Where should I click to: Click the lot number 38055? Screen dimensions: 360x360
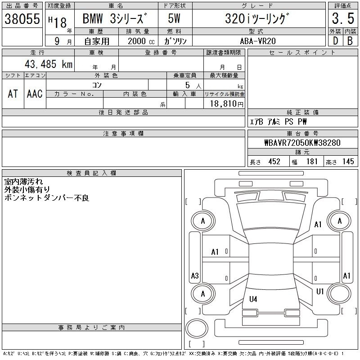pyautogui.click(x=22, y=18)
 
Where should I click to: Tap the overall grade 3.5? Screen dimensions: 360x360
pyautogui.click(x=343, y=18)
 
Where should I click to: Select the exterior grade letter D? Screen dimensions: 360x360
pyautogui.click(x=335, y=41)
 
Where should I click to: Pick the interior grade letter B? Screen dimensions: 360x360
pyautogui.click(x=350, y=41)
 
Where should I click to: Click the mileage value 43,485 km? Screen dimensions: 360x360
pyautogui.click(x=49, y=64)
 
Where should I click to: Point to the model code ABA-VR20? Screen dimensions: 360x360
pyautogui.click(x=258, y=41)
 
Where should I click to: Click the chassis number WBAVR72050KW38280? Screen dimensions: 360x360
pyautogui.click(x=302, y=143)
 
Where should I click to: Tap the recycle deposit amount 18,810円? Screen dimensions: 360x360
pyautogui.click(x=227, y=104)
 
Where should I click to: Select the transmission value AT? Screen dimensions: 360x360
pyautogui.click(x=13, y=94)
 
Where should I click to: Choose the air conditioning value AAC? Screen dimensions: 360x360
pyautogui.click(x=35, y=94)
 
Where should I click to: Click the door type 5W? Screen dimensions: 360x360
pyautogui.click(x=174, y=18)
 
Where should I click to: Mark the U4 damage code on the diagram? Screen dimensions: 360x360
pyautogui.click(x=253, y=299)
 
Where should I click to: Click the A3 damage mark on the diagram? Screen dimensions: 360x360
pyautogui.click(x=195, y=275)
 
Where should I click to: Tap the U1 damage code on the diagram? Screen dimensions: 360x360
pyautogui.click(x=320, y=292)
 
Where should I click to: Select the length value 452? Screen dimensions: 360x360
pyautogui.click(x=274, y=162)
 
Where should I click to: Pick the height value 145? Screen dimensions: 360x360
pyautogui.click(x=348, y=162)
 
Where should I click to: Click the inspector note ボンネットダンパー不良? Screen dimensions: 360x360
pyautogui.click(x=47, y=198)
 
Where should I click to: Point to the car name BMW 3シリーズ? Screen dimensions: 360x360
pyautogui.click(x=115, y=18)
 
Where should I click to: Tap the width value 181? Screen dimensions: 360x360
pyautogui.click(x=312, y=162)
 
